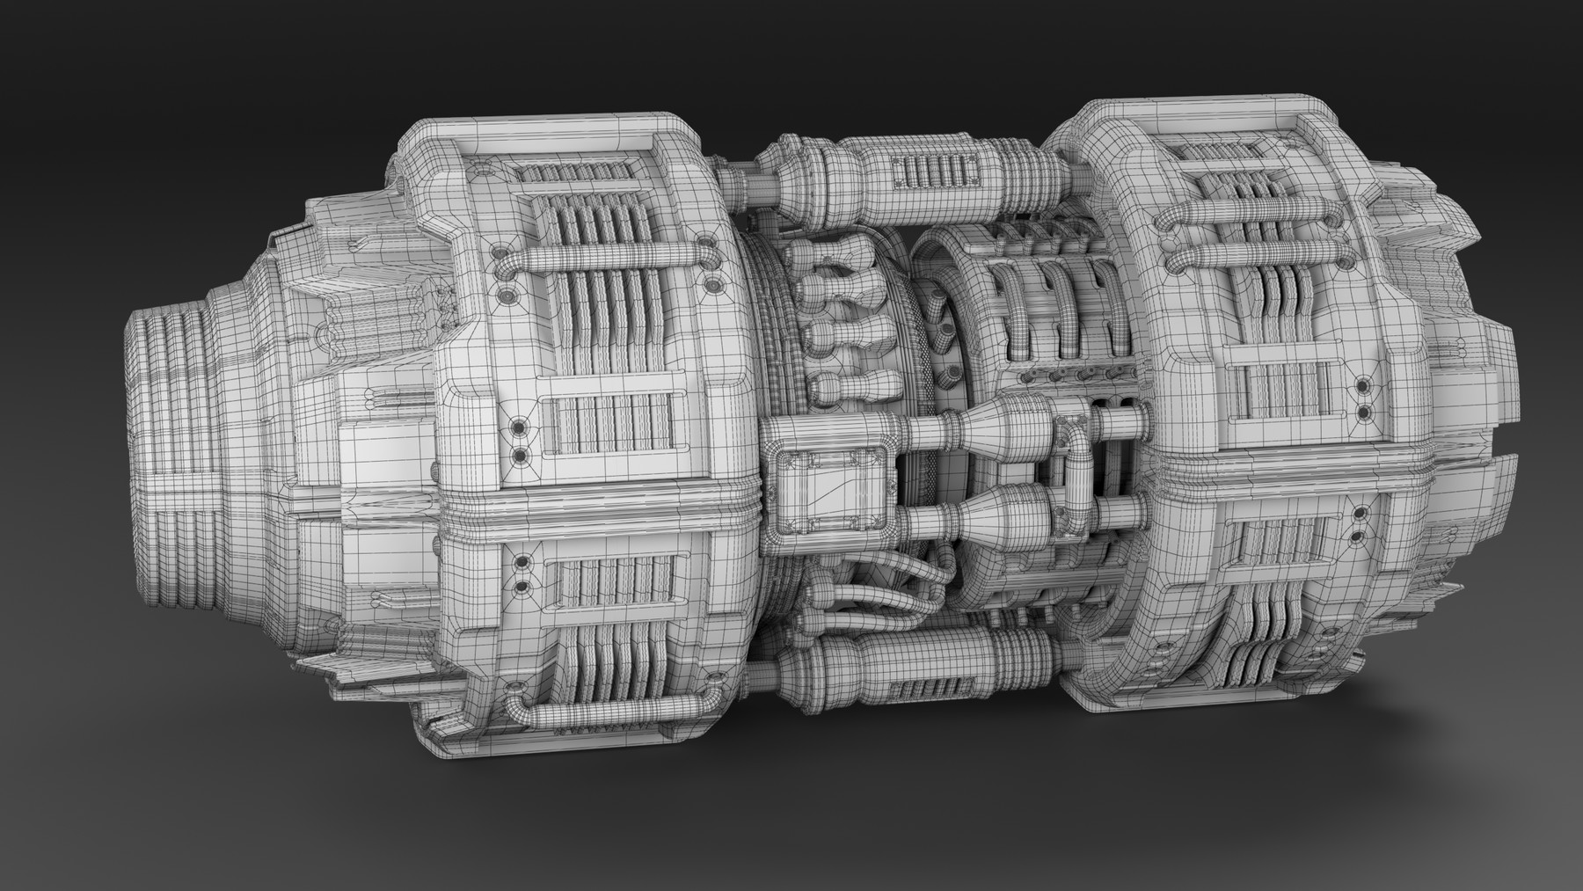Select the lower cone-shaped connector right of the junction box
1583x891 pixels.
(1003, 514)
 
